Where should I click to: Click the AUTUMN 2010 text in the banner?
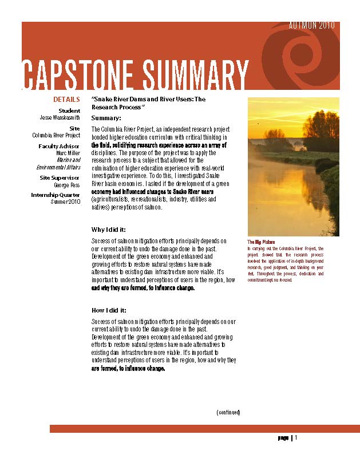tap(311, 26)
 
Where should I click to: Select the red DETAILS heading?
tap(66, 100)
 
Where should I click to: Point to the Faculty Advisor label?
tap(60, 146)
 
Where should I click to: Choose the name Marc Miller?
tap(68, 153)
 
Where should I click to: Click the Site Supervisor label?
tap(60, 177)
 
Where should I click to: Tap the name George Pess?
tap(67, 185)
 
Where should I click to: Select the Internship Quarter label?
tap(56, 195)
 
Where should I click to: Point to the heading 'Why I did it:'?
tap(109, 230)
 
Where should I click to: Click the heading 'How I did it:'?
tap(109, 310)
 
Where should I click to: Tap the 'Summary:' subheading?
tap(106, 118)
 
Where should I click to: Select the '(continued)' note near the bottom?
tap(228, 412)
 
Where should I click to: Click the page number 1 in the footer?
tap(296, 438)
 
